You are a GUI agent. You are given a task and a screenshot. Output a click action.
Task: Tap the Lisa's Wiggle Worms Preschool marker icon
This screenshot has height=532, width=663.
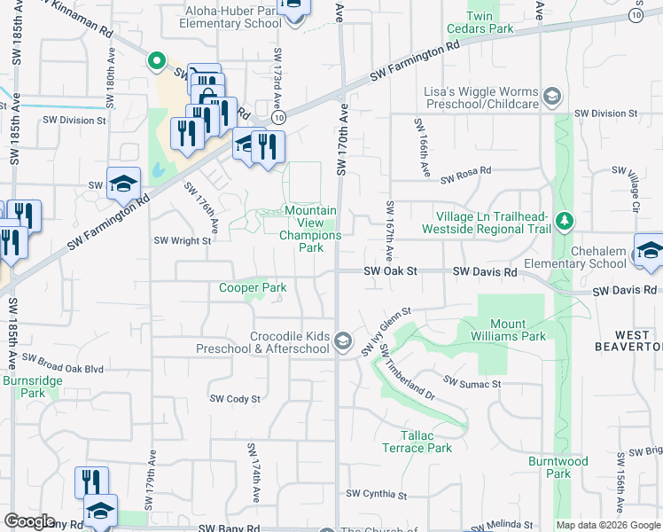tap(552, 96)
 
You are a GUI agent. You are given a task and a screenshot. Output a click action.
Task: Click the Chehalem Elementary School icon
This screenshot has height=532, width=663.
tap(649, 250)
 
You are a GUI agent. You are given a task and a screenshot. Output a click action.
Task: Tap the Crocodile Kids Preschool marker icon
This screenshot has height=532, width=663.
tap(344, 341)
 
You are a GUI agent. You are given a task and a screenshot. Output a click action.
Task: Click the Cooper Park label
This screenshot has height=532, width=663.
tap(253, 287)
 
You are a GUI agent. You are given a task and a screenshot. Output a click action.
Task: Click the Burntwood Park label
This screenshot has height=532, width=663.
tap(558, 467)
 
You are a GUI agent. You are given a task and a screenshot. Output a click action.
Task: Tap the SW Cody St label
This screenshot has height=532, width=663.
tap(235, 399)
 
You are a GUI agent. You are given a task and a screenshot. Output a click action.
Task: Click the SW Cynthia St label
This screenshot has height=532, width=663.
tap(376, 495)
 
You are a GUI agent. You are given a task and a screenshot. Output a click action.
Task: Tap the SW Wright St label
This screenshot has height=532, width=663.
tap(183, 240)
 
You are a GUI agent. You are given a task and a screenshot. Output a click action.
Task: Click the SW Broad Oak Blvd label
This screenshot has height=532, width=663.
tap(63, 364)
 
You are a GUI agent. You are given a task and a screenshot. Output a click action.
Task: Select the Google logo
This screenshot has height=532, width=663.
tap(30, 521)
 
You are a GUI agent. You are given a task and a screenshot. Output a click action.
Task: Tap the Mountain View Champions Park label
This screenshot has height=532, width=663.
tap(309, 230)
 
